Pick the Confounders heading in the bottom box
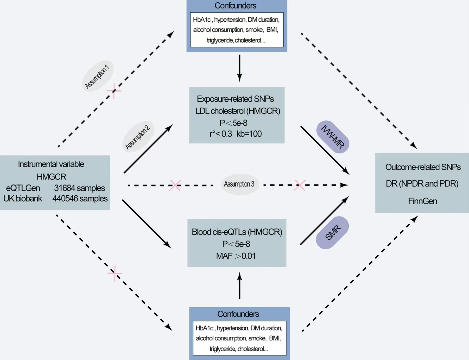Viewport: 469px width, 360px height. pyautogui.click(x=238, y=314)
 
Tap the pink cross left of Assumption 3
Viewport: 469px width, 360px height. pyautogui.click(x=174, y=185)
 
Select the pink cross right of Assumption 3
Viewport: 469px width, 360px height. pyautogui.click(x=299, y=185)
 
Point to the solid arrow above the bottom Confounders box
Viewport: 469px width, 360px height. pyautogui.click(x=239, y=286)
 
